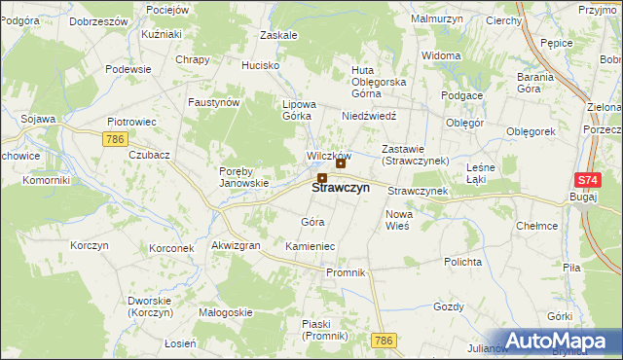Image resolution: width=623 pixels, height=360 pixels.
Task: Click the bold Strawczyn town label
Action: coord(341,188)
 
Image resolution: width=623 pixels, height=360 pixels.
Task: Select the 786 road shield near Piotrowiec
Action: coord(115,140)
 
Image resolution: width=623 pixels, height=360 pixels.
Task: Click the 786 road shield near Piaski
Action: coord(383,341)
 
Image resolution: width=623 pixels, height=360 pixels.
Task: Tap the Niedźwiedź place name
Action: coord(367,115)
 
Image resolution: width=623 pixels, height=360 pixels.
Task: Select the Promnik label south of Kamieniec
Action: coord(346,272)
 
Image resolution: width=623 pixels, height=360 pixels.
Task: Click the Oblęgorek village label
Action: coord(531,130)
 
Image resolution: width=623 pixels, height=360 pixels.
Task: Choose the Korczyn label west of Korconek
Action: coord(89,245)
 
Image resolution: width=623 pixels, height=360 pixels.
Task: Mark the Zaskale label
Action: coord(278,34)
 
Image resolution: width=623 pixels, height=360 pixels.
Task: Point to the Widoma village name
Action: coord(442,55)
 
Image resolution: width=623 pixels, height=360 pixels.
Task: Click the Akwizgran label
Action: coord(236,246)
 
